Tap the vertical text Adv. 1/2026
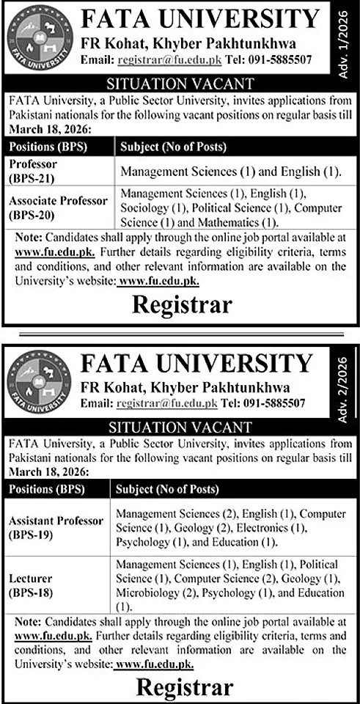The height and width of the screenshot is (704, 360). pos(347,34)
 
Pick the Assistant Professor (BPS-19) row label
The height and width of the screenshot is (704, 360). pos(56,527)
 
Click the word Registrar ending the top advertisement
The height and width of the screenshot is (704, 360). pos(183,303)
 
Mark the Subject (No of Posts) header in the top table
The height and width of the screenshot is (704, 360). pos(169,147)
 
